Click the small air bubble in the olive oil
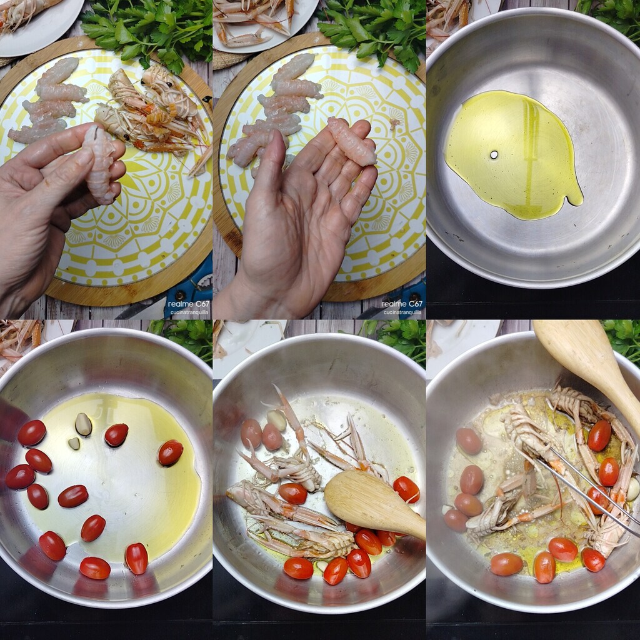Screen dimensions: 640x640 click(x=494, y=155)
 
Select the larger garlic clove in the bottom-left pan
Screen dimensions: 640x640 click(x=83, y=424)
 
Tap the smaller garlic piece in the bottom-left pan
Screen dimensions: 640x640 click(x=74, y=443)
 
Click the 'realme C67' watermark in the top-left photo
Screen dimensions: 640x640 click(x=189, y=304)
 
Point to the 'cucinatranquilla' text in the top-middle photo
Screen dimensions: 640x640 click(x=402, y=312)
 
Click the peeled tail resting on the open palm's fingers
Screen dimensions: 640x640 click(x=352, y=141)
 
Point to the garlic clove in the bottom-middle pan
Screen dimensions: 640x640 click(x=277, y=420)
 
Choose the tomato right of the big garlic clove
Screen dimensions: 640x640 click(x=116, y=435)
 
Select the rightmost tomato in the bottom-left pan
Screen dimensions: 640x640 click(x=170, y=452)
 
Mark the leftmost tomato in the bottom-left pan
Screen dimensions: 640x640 click(x=19, y=477)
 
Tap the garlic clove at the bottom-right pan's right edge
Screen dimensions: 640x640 click(x=633, y=489)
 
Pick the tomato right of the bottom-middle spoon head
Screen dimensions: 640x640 click(x=406, y=489)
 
